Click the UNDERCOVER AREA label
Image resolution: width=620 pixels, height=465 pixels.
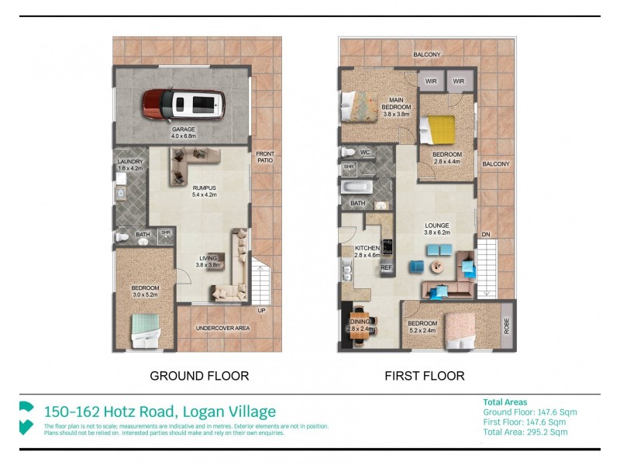point(222,329)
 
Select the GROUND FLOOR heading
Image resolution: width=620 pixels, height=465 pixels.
point(199,376)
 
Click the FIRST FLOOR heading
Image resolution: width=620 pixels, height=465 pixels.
point(425,376)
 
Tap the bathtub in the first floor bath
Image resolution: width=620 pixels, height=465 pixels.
point(357,188)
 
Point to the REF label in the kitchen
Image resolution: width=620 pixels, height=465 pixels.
point(386,267)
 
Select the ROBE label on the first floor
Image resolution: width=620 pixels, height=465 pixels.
point(508,325)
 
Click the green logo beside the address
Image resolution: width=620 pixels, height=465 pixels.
point(26,417)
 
